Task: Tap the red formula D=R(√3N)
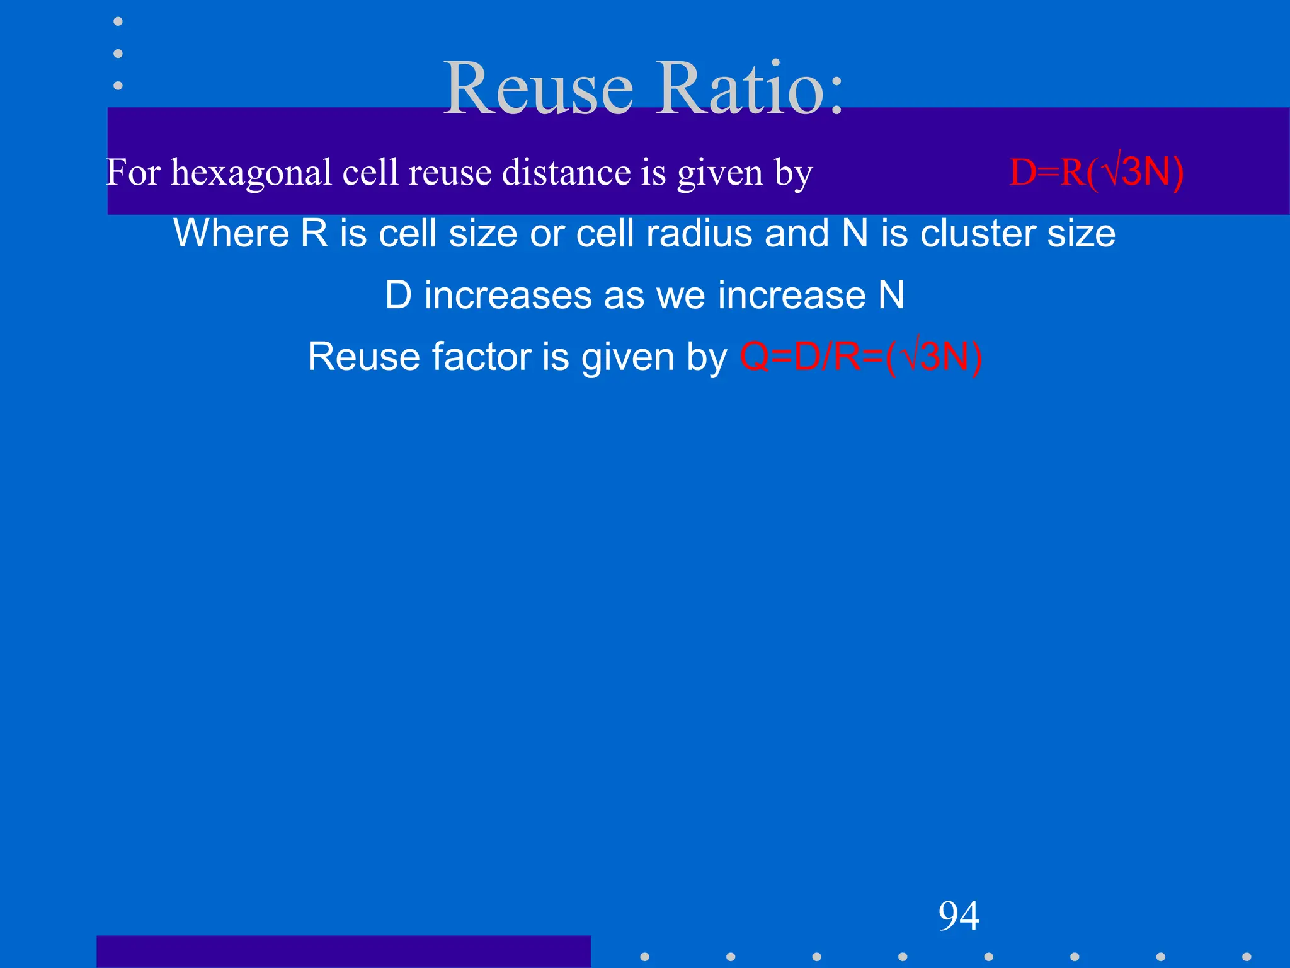(1096, 172)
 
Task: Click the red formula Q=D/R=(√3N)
(860, 357)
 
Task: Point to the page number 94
(959, 916)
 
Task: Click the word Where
(231, 233)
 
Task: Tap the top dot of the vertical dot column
(118, 21)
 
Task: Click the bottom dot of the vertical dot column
(118, 85)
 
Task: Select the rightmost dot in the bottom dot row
(1247, 957)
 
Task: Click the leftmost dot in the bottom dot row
(644, 957)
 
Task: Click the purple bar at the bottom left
(343, 952)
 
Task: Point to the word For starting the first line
(133, 173)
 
